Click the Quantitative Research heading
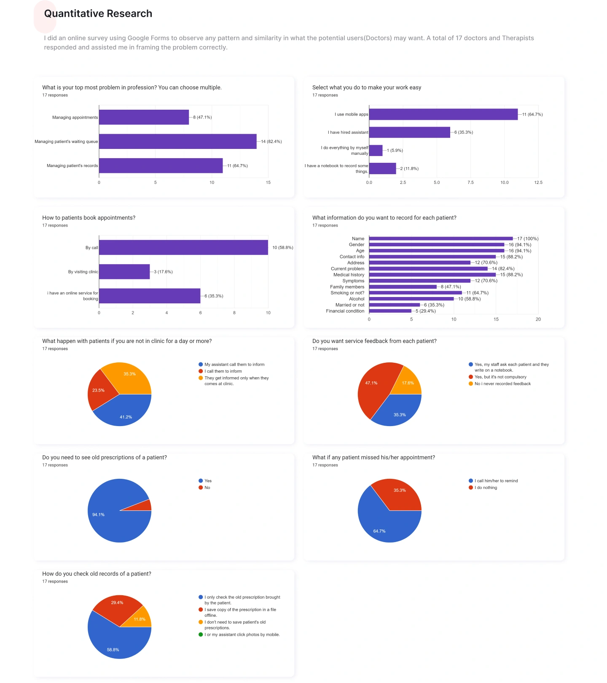click(98, 14)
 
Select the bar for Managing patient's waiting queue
click(177, 141)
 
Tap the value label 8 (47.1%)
click(202, 117)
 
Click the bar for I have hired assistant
click(409, 132)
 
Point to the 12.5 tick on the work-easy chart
click(538, 183)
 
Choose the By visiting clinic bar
click(124, 272)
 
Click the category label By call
click(91, 248)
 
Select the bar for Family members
click(403, 287)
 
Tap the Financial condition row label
click(345, 311)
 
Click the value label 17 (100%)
click(528, 239)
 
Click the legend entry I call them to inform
click(223, 371)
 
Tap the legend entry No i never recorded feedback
click(502, 384)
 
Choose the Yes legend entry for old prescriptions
click(208, 481)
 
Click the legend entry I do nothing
click(486, 488)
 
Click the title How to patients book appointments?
click(89, 218)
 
